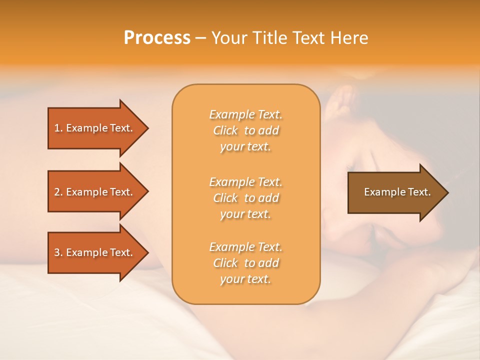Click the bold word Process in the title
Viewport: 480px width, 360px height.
pyautogui.click(x=157, y=38)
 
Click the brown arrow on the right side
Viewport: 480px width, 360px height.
pyautogui.click(x=395, y=192)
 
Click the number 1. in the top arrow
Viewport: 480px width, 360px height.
pyautogui.click(x=58, y=128)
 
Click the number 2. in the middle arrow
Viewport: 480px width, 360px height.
pyautogui.click(x=58, y=192)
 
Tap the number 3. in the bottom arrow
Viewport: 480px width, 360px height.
pyautogui.click(x=58, y=252)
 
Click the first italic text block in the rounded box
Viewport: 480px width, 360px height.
pyautogui.click(x=246, y=130)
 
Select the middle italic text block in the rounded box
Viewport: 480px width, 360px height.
pyautogui.click(x=246, y=198)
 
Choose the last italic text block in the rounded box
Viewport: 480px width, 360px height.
pyautogui.click(x=246, y=263)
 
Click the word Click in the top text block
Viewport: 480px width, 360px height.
pyautogui.click(x=226, y=131)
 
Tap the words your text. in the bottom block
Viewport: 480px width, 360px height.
pyautogui.click(x=245, y=279)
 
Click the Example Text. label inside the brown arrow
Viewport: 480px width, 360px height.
pyautogui.click(x=397, y=192)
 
